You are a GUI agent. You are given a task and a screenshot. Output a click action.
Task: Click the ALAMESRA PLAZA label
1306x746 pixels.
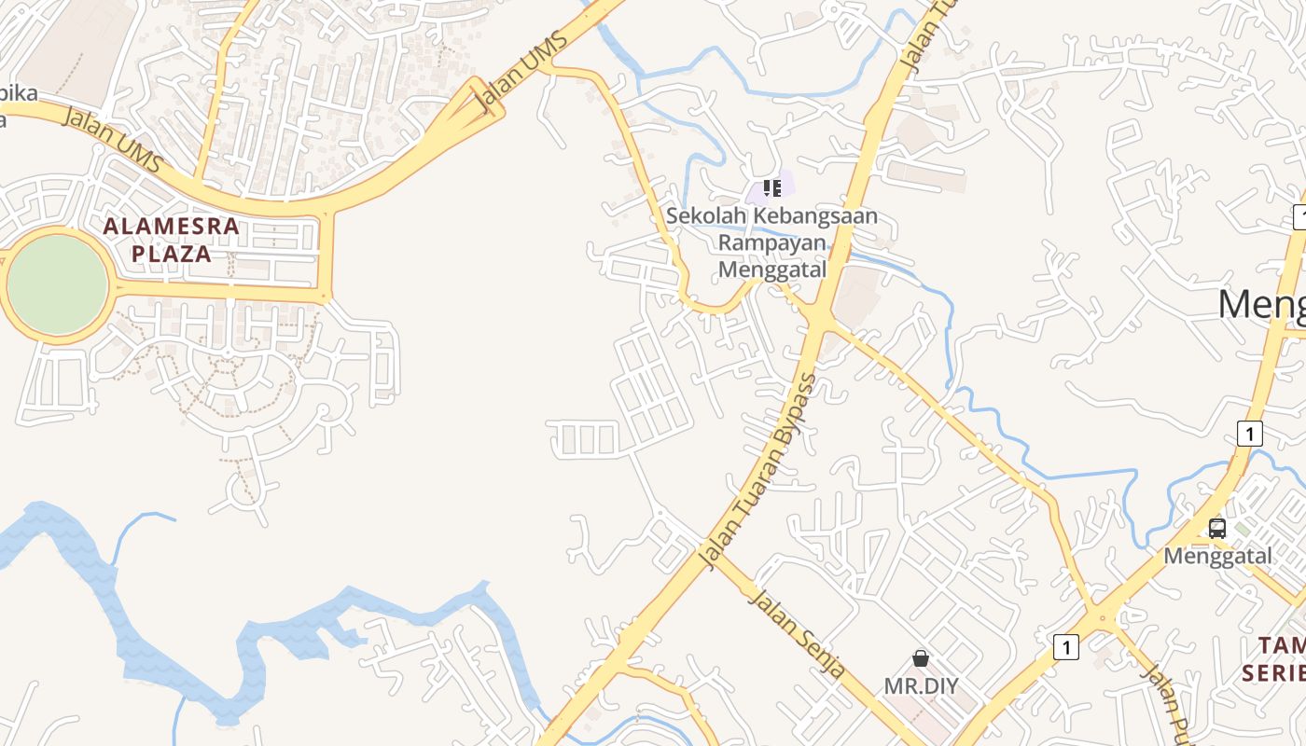pos(171,240)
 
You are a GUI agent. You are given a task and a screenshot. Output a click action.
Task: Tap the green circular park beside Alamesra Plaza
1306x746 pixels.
pos(57,284)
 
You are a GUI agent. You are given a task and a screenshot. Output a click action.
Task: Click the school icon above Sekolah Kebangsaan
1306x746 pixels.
pos(771,188)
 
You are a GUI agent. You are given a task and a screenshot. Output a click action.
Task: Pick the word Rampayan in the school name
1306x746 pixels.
pos(771,243)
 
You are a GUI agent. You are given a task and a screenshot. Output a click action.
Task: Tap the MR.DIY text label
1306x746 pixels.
pos(921,686)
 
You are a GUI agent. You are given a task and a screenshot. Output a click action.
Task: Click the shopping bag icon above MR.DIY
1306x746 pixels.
pos(921,658)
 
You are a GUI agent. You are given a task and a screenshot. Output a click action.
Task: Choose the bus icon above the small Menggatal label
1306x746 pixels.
pos(1216,529)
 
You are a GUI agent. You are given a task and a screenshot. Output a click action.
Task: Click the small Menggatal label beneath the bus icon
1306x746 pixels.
pos(1217,557)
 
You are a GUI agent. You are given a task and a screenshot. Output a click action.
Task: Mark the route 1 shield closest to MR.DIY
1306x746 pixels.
pos(1066,646)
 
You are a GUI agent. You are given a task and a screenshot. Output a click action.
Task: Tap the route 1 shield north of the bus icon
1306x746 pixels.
pos(1249,433)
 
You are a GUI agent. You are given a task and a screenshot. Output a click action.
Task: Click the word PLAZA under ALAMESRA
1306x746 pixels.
pos(171,254)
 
